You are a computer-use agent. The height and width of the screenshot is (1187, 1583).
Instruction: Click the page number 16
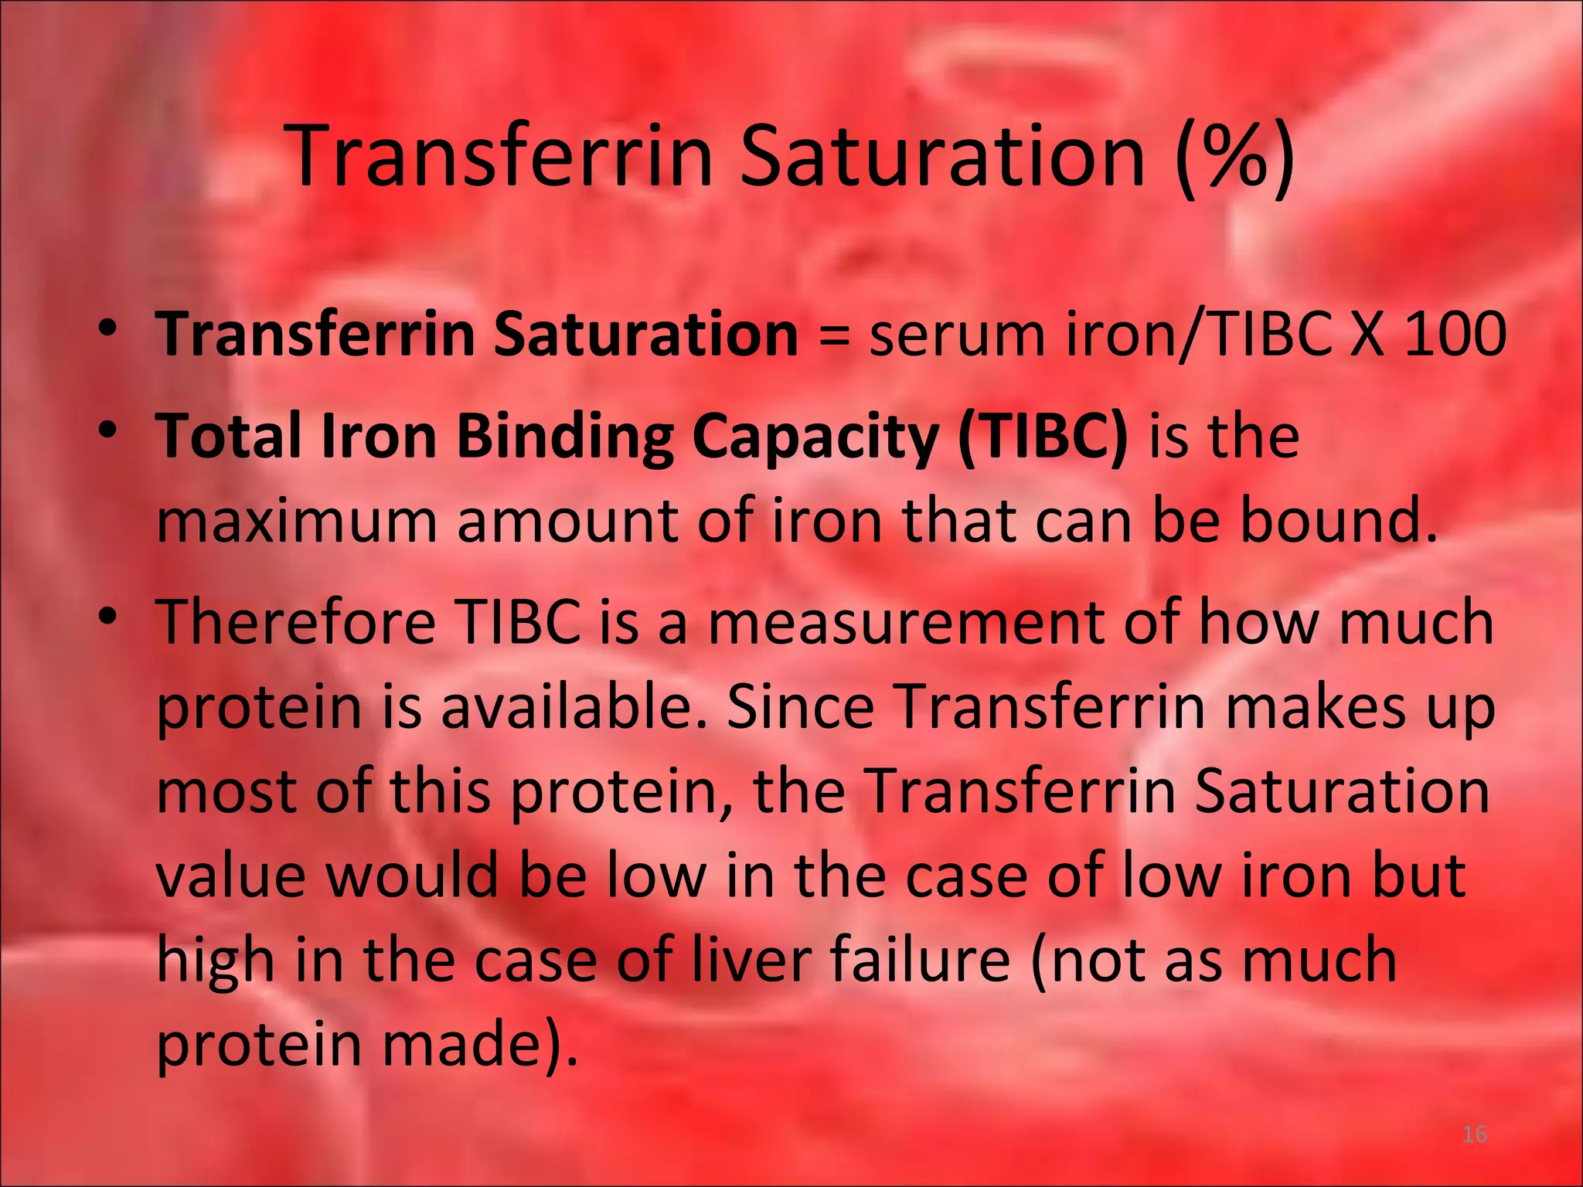[1475, 1134]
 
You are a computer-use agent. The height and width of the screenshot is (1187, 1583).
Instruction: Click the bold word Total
[228, 436]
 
